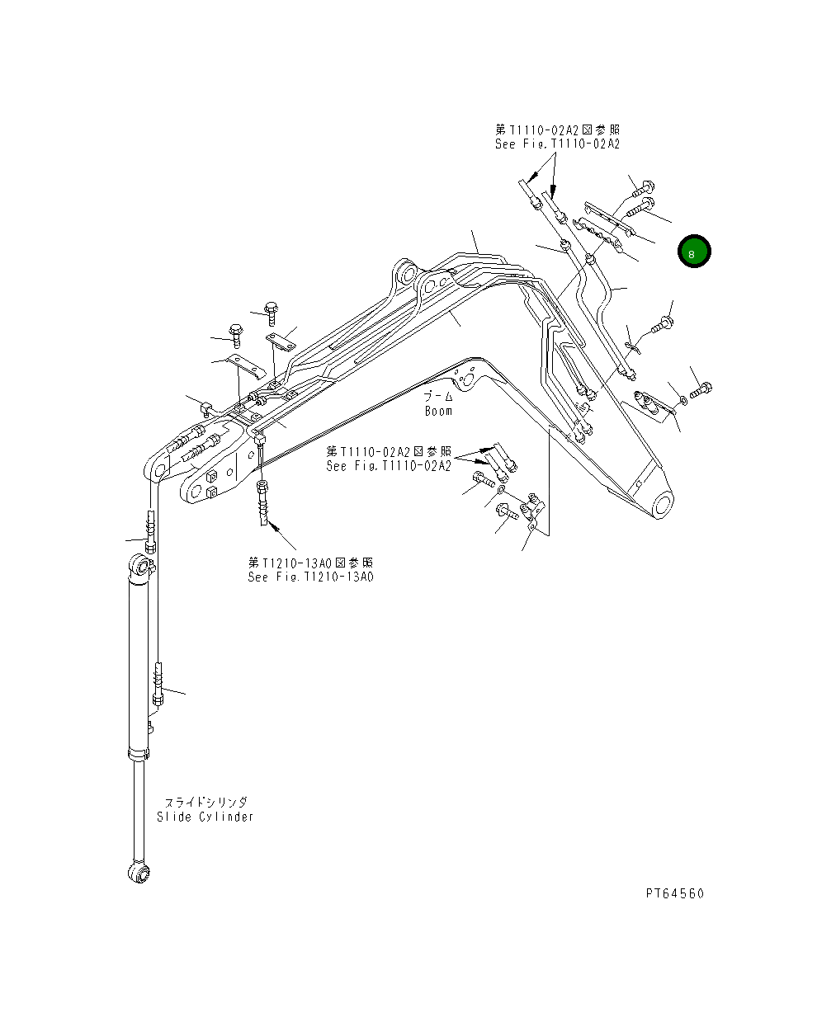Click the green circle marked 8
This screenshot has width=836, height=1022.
coord(693,252)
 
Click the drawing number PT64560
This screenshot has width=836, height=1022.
coord(674,893)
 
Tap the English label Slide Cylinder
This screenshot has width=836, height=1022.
coord(205,817)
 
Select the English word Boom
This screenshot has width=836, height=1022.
coord(438,411)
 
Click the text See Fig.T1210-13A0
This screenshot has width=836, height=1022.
coord(310,577)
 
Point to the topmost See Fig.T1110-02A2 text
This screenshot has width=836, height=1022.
coord(557,144)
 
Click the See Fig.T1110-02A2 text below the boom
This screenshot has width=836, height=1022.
coord(389,466)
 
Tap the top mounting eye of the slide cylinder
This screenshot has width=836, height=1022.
coord(141,567)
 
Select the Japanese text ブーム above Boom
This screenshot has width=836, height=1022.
coord(439,397)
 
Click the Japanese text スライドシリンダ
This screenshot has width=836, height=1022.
coord(205,802)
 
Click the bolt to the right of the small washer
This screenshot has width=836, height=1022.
coord(700,390)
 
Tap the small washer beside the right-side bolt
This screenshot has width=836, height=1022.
coord(682,400)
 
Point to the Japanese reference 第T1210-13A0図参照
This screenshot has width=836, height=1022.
coord(310,562)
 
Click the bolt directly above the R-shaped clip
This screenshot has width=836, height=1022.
coord(662,325)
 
